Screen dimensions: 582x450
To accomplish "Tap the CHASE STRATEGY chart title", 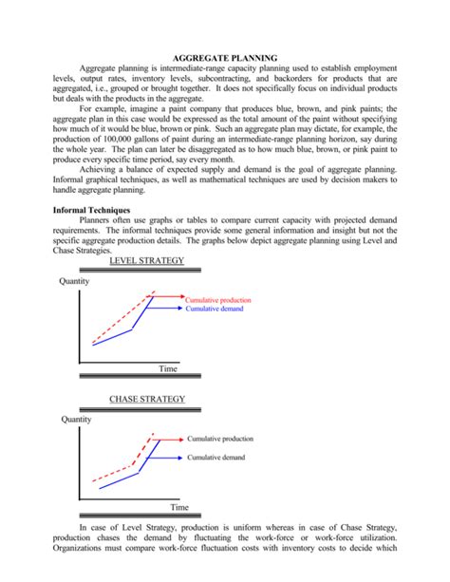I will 147,399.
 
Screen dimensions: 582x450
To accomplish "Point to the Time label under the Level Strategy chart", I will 168,367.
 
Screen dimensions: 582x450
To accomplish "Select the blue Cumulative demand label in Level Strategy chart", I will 216,310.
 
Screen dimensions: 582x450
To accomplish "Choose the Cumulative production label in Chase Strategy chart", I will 220,439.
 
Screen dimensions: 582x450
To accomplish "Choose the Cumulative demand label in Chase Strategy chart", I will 216,458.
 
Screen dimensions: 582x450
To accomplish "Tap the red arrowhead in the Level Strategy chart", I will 180,296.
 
